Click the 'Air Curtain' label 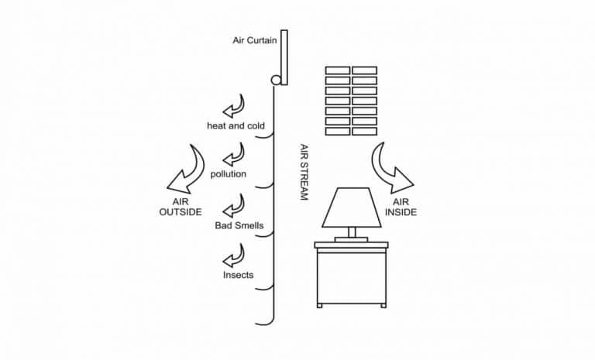(255, 40)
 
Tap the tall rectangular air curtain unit (284, 57)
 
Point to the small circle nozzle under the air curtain (276, 80)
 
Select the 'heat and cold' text (236, 125)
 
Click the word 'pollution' (229, 173)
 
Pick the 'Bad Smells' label (239, 225)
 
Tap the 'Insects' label (238, 275)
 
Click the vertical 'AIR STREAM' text (304, 171)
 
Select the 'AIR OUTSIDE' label (181, 207)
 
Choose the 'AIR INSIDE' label (401, 207)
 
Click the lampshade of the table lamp (352, 207)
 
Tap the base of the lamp (352, 239)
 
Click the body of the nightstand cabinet (352, 277)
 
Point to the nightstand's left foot (320, 305)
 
